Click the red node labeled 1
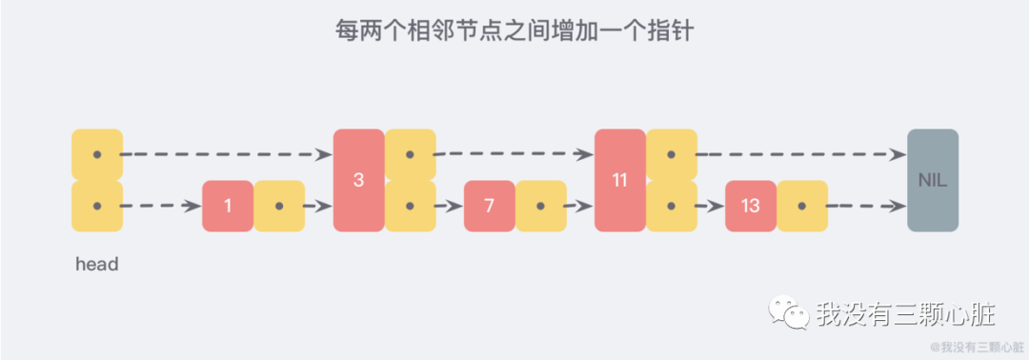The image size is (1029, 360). coord(228,206)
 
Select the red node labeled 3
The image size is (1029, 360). coord(358,180)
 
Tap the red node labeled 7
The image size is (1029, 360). coord(489,206)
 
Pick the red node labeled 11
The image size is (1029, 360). coord(619,180)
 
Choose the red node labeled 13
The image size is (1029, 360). coord(750,206)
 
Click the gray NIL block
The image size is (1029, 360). coord(932,180)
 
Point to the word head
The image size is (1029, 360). coord(96,265)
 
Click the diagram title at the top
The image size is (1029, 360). coord(514,30)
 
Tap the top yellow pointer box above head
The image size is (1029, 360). coord(97,154)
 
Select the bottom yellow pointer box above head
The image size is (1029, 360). coord(97,206)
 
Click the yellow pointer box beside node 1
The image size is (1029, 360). coord(279,206)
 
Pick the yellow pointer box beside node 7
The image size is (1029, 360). coord(540,206)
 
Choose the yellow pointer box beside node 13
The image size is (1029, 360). coord(801,206)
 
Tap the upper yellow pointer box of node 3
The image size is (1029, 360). coord(410,154)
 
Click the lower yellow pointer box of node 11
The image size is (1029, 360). coord(671,206)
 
